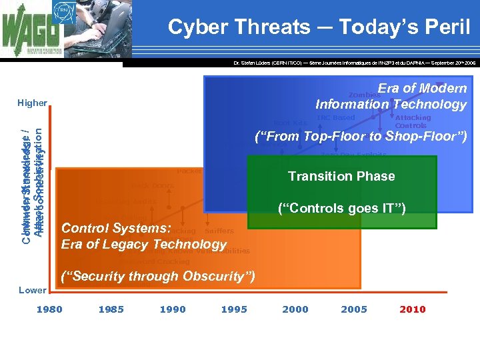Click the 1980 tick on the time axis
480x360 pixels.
[49, 309]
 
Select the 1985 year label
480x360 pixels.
[111, 309]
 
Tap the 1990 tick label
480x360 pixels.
[173, 309]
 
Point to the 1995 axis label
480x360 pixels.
[234, 309]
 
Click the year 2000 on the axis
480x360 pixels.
[295, 309]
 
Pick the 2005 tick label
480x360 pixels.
[354, 309]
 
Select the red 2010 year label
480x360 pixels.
[413, 309]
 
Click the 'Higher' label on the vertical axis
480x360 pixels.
[32, 103]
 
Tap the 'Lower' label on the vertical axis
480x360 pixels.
[32, 290]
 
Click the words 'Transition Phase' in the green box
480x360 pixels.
[341, 177]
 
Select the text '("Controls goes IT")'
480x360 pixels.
[341, 209]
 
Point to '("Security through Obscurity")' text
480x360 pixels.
[158, 277]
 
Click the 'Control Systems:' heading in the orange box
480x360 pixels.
[117, 228]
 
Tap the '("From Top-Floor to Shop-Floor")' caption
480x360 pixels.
[361, 137]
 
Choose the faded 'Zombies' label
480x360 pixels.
[365, 95]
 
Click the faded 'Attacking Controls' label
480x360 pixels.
[413, 121]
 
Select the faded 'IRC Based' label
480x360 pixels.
[336, 118]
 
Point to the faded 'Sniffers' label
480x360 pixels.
[219, 231]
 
